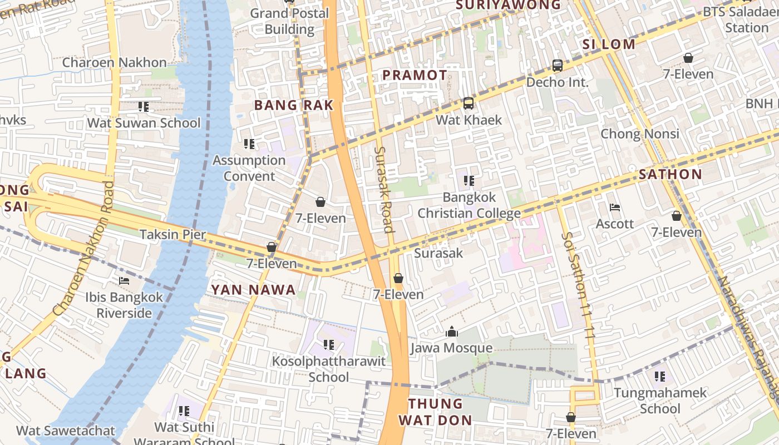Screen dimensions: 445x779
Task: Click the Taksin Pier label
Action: coord(172,234)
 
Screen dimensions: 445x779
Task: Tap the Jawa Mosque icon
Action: coord(452,332)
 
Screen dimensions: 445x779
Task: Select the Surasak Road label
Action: coord(383,189)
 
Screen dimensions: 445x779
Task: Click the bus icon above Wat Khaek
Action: coord(469,103)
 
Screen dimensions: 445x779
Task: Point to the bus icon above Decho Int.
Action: coord(557,66)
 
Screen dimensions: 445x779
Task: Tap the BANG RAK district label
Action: coord(294,105)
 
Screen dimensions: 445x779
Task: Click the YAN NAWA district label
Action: coord(253,290)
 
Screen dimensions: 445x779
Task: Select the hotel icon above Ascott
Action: coord(615,207)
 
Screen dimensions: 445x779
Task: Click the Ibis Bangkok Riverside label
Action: coord(124,305)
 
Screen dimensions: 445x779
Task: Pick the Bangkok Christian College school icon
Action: coord(469,181)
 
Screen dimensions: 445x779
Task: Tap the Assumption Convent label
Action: coord(249,168)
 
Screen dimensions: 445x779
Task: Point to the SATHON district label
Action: coord(670,174)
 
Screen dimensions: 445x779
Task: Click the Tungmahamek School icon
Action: coord(660,377)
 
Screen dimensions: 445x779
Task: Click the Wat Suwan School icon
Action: coord(144,106)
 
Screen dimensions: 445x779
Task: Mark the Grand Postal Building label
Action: coord(289,21)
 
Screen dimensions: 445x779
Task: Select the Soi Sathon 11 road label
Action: coord(579,284)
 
